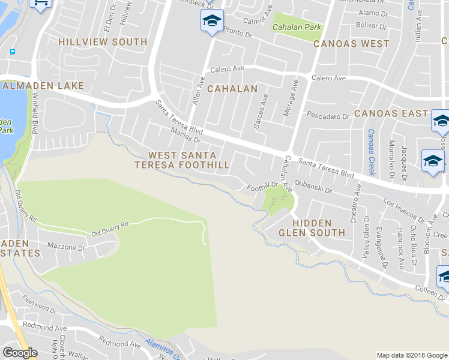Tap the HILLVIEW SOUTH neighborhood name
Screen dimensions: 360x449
(103, 42)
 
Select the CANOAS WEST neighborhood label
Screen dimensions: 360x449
(351, 44)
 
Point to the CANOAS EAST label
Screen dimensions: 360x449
(391, 113)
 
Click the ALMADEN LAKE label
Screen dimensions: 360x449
(43, 86)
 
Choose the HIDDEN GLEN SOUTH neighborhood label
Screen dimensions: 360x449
(311, 228)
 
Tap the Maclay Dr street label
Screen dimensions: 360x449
(185, 136)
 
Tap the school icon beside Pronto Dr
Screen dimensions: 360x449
(211, 20)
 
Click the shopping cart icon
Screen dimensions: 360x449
(40, 3)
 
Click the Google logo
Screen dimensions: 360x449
(20, 353)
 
